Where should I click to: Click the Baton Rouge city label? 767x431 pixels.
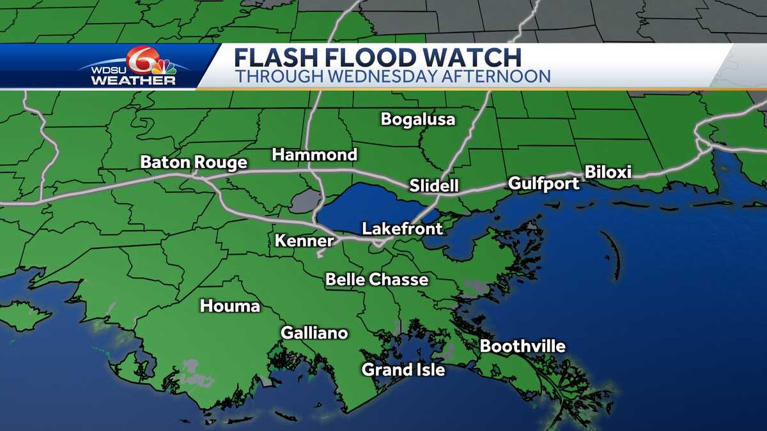[194, 163]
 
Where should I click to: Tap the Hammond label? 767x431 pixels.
[314, 155]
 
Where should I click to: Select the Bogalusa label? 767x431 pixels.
[418, 119]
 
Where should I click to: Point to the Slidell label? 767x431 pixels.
[435, 186]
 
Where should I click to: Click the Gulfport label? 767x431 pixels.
[544, 184]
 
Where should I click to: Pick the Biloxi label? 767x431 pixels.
[608, 172]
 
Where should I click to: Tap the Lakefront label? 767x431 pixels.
[402, 229]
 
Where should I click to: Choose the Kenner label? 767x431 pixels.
[304, 241]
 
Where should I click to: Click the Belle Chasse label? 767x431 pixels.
[376, 279]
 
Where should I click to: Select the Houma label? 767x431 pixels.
[230, 306]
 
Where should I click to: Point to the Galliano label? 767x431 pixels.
[314, 333]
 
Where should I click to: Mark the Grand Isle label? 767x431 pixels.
[403, 369]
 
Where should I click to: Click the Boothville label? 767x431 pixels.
[523, 346]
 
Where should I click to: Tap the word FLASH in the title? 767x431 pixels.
[276, 57]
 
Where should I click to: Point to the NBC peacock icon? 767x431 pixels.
[164, 66]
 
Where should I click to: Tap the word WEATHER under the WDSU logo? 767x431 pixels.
[134, 81]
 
